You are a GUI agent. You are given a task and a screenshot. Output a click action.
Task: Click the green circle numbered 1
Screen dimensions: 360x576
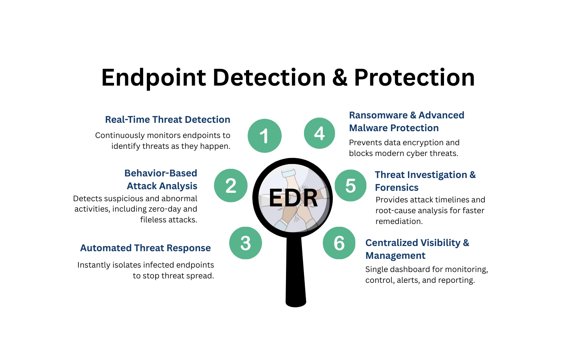click(264, 136)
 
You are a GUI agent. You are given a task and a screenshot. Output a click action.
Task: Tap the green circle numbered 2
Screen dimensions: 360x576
click(231, 186)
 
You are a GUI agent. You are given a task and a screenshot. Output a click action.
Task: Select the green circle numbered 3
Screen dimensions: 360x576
click(246, 243)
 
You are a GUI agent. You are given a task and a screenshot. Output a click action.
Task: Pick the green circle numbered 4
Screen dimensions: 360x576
click(319, 133)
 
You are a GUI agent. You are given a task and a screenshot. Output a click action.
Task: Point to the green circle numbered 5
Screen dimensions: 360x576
click(350, 186)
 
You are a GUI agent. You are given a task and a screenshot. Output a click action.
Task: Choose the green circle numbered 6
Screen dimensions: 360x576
click(339, 243)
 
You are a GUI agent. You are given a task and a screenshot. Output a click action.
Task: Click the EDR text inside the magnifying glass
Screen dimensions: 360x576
click(293, 198)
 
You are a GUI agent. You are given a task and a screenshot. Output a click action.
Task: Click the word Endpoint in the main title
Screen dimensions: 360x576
click(154, 78)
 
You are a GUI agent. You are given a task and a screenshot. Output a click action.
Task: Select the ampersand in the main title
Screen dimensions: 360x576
click(340, 78)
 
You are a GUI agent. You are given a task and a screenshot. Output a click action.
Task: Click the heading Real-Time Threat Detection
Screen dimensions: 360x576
click(168, 120)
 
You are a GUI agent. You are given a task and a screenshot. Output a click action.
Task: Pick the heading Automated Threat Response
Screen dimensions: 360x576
click(145, 248)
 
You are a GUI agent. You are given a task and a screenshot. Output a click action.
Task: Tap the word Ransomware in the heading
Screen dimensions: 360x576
click(378, 115)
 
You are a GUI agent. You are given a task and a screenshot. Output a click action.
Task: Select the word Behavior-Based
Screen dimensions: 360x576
click(161, 173)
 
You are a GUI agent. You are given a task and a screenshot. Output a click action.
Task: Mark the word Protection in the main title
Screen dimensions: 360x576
click(414, 78)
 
